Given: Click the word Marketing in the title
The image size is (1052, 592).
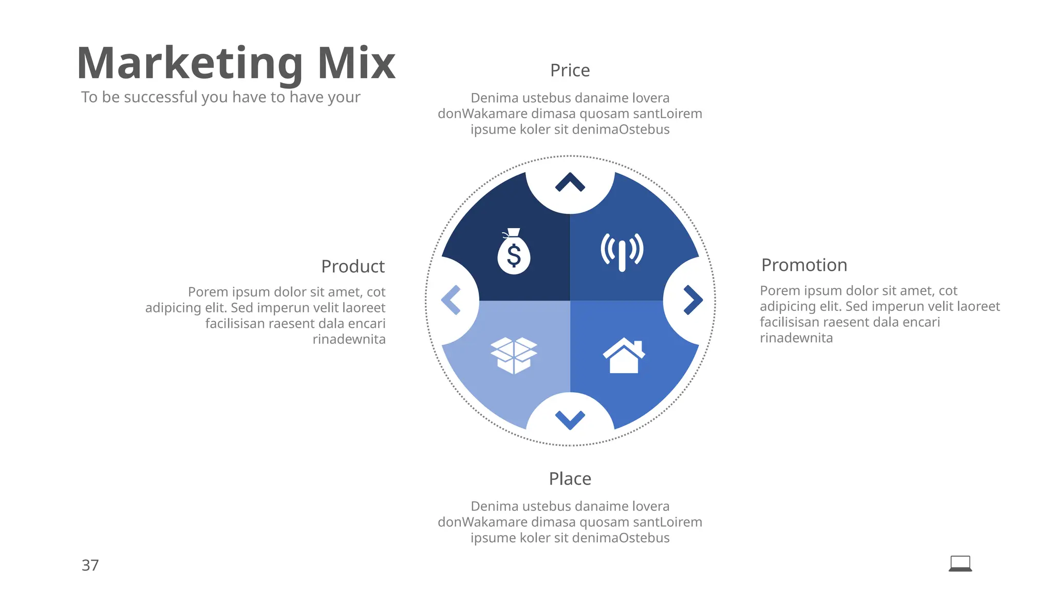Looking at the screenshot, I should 190,63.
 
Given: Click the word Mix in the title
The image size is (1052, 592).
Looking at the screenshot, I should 356,63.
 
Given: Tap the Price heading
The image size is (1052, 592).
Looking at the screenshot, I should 570,70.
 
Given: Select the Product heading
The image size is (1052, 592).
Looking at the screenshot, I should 352,266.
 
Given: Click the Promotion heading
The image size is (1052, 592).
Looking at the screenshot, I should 804,265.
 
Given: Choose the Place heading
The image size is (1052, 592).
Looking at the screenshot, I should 570,479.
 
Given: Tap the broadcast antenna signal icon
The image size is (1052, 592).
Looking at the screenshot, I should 622,252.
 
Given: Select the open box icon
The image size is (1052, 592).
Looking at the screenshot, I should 514,355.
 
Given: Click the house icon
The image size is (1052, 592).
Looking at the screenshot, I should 624,356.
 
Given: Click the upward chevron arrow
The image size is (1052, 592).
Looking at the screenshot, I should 570,183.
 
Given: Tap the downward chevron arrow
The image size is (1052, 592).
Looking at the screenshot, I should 570,419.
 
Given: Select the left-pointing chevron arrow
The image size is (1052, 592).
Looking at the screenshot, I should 452,300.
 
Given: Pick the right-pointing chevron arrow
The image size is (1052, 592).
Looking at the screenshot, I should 692,300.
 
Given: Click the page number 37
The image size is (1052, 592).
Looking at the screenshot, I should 90,565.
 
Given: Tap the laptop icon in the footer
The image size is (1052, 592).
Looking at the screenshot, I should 960,564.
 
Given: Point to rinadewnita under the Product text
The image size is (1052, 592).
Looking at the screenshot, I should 349,339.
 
